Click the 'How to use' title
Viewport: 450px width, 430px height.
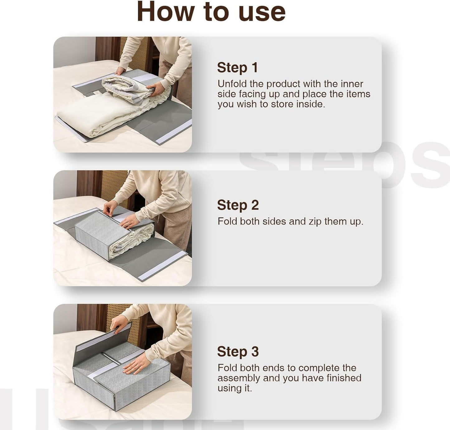pyautogui.click(x=211, y=12)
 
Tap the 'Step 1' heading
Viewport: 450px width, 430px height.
pyautogui.click(x=237, y=67)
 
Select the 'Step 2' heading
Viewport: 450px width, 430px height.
pyautogui.click(x=238, y=205)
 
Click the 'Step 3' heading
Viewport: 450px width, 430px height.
pyautogui.click(x=238, y=351)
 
